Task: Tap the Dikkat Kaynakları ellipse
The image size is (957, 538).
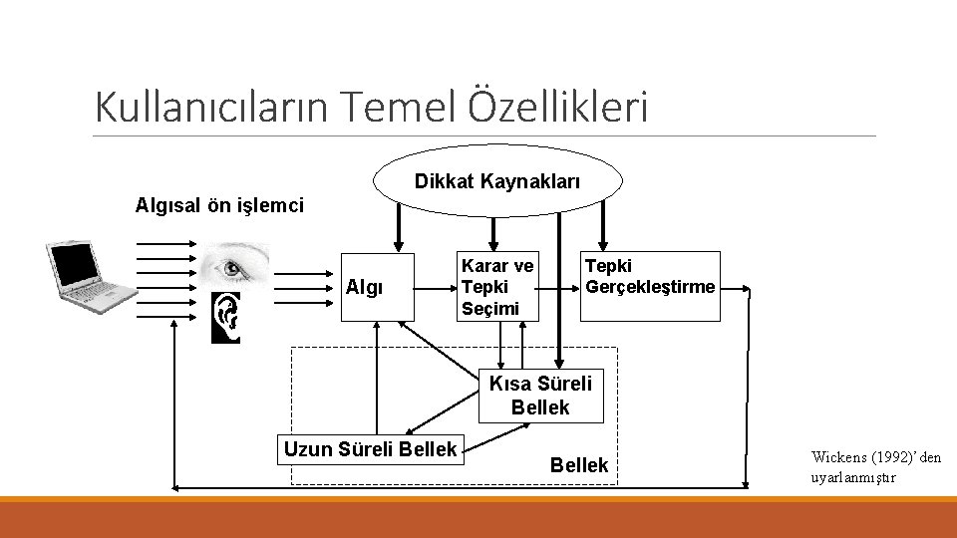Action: [x=497, y=181]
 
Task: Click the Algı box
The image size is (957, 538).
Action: [x=376, y=287]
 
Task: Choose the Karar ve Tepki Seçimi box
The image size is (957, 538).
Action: [x=495, y=287]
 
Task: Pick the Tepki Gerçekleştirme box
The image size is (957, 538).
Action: [x=650, y=286]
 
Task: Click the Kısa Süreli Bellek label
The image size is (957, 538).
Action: [x=539, y=396]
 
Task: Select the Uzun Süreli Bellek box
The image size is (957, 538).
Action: [x=370, y=449]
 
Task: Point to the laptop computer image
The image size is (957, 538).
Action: [x=88, y=272]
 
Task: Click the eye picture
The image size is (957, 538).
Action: [x=233, y=266]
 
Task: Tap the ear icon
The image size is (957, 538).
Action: [x=226, y=317]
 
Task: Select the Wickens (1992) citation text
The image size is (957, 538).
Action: [x=875, y=457]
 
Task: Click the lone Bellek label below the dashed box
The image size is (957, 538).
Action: [x=579, y=465]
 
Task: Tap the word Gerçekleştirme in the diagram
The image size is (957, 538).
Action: [x=650, y=287]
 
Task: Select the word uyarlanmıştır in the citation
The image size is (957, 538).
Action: [x=853, y=477]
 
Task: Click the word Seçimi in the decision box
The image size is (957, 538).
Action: [x=489, y=308]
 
